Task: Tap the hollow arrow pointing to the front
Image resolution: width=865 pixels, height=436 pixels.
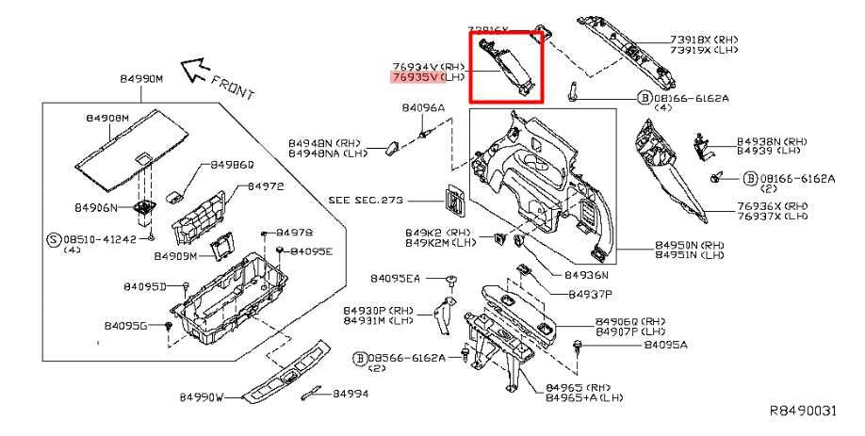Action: coord(195,67)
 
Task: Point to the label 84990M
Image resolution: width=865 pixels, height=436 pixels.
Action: coord(141,79)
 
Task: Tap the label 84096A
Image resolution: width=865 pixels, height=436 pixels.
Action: coord(423,108)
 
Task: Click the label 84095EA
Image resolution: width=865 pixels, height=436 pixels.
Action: coord(396,279)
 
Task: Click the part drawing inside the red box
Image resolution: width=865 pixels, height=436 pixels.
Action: coord(508,65)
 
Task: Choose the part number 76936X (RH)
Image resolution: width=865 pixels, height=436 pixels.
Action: coord(771,205)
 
